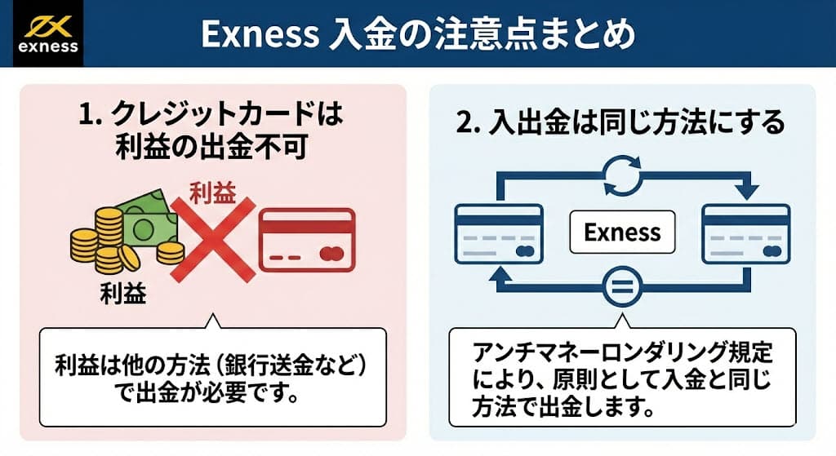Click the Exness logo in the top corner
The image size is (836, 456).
(47, 33)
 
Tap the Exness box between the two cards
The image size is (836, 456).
(622, 232)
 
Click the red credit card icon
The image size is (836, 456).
(306, 239)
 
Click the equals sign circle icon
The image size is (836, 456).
(622, 286)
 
